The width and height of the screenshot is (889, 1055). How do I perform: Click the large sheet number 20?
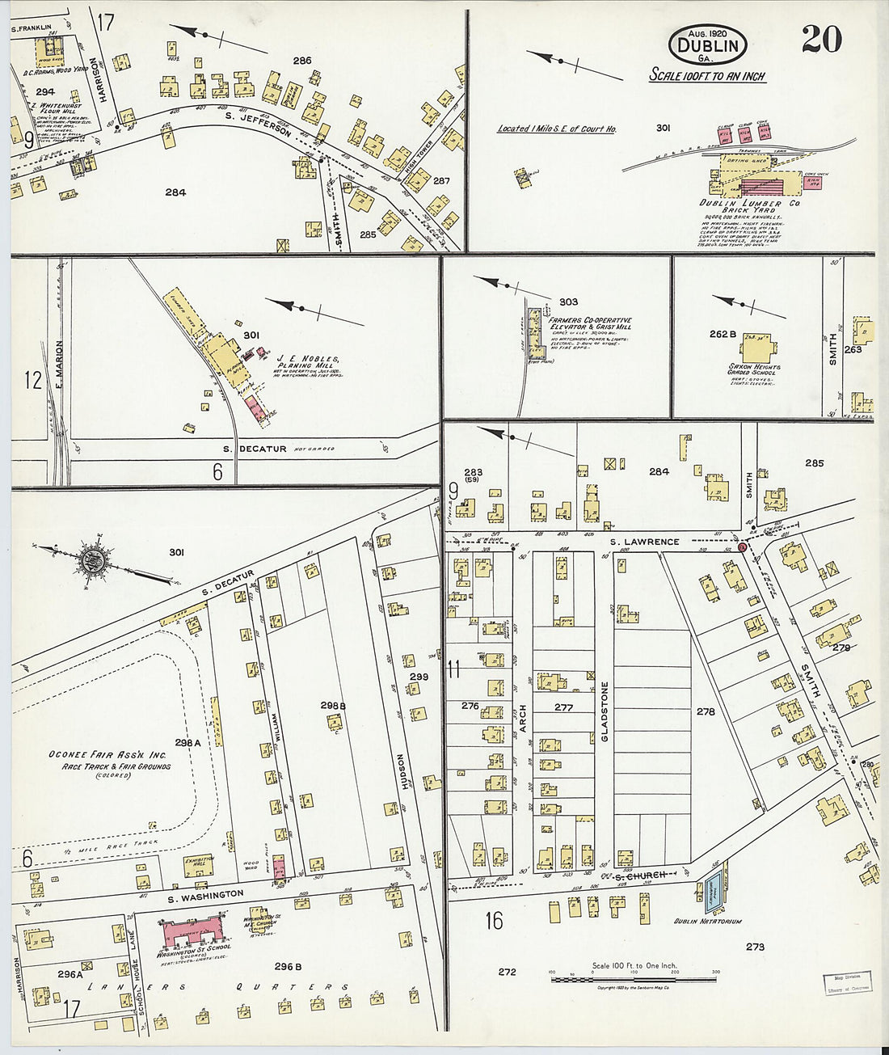point(821,40)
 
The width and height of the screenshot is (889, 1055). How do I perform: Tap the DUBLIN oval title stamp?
point(707,45)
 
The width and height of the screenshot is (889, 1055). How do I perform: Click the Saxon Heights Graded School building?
point(757,348)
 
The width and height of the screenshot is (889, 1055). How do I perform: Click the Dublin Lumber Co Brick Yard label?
point(739,208)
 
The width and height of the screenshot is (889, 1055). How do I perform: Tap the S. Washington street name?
point(205,894)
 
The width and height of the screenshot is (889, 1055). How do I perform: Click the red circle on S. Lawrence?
point(742,547)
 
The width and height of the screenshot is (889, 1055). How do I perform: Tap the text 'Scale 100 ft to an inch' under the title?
point(707,76)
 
